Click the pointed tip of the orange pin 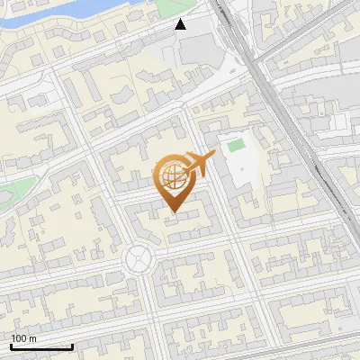[173, 212]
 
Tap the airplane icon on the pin [197, 166]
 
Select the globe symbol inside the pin [170, 177]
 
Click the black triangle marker [181, 24]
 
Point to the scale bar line [41, 346]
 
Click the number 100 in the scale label [20, 338]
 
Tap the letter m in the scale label [32, 338]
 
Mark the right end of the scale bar [72, 346]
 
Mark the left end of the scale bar [11, 346]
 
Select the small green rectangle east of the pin [236, 145]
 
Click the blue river [54, 13]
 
